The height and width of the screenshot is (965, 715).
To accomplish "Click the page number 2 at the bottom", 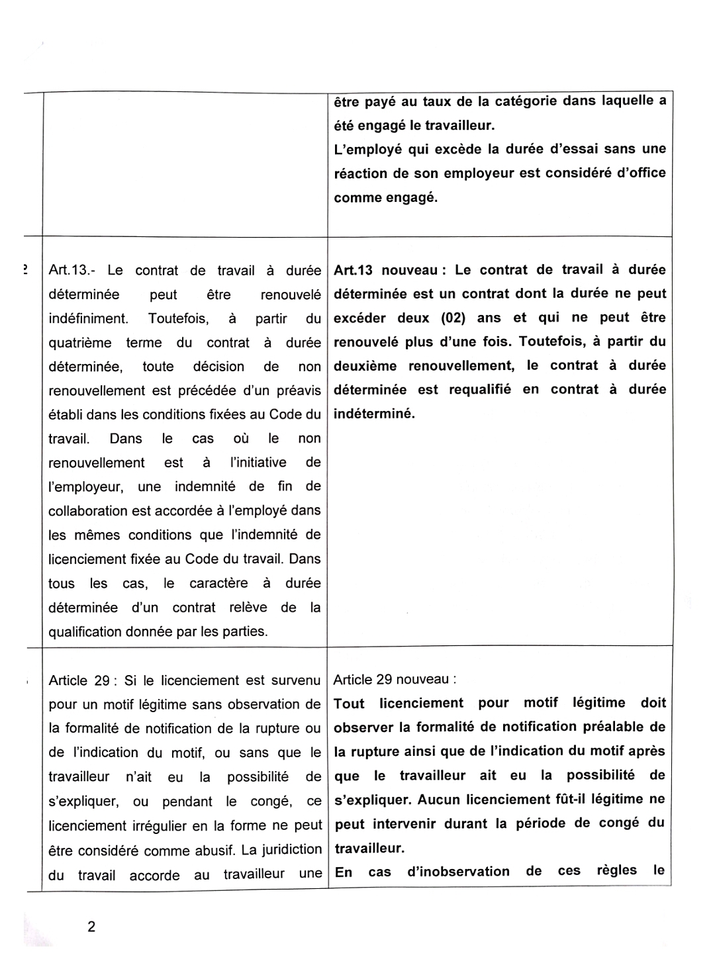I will click(91, 927).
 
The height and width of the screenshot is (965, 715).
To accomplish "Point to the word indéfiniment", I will click(89, 318).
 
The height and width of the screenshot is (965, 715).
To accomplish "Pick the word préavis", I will click(299, 391).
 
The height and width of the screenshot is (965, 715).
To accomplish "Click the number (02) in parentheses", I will click(453, 318).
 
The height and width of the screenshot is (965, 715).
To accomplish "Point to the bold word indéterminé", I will click(374, 414).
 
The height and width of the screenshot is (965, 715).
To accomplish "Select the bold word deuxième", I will click(365, 366).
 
